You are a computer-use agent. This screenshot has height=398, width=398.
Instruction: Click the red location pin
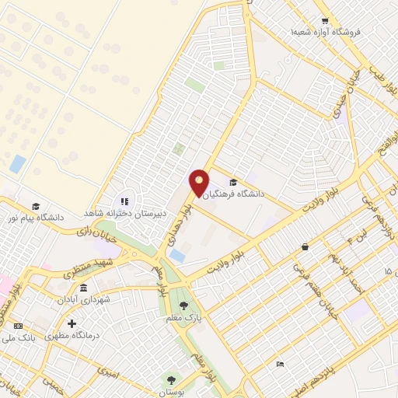[x=199, y=183]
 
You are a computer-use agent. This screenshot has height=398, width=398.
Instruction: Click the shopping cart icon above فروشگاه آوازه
[x=326, y=21]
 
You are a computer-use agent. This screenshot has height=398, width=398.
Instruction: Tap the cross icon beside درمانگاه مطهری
[x=72, y=323]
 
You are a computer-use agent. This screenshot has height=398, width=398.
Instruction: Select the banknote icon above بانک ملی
[x=18, y=325]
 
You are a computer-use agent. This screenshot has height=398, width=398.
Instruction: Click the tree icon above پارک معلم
[x=183, y=305]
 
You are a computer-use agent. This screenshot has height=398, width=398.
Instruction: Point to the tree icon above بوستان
[x=171, y=379]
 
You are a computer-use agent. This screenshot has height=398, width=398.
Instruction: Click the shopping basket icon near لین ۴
[x=305, y=246]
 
